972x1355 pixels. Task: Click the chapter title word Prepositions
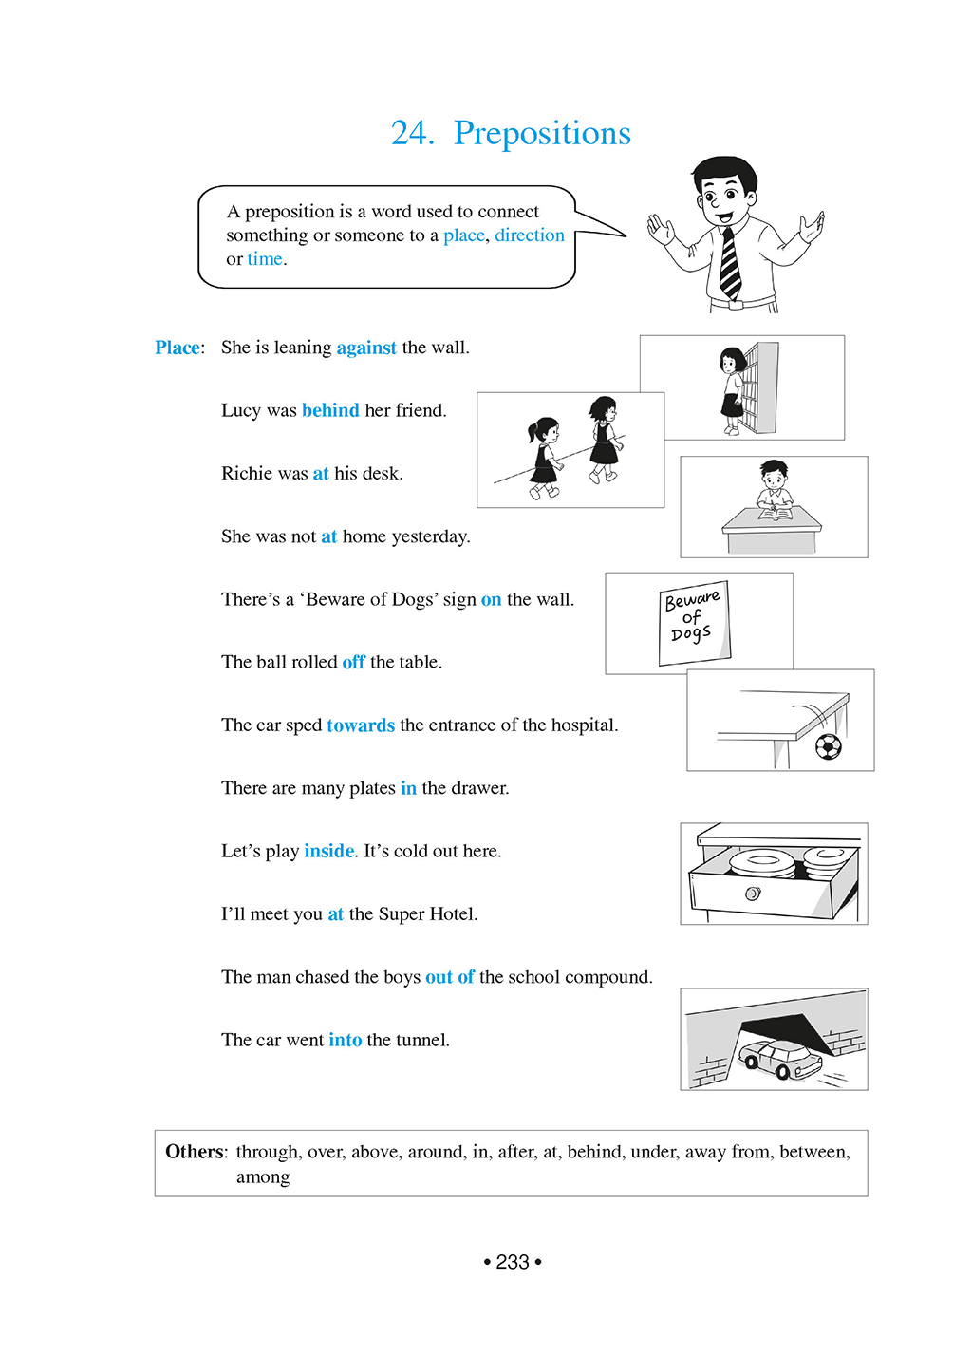click(x=542, y=133)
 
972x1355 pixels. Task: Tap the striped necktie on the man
click(x=729, y=262)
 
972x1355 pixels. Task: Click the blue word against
click(x=365, y=348)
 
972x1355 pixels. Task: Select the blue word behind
click(x=330, y=410)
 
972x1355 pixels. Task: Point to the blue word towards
click(x=361, y=725)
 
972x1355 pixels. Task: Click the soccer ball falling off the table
click(x=829, y=746)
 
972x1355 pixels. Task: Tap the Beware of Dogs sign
click(x=694, y=622)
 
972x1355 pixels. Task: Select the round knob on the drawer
click(x=753, y=894)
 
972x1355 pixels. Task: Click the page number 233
click(x=513, y=1262)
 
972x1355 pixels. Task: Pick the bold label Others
click(x=195, y=1152)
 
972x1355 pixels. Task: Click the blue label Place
click(x=178, y=348)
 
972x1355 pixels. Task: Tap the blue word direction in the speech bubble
click(x=530, y=235)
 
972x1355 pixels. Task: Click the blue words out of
click(x=450, y=977)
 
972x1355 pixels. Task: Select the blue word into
click(x=346, y=1040)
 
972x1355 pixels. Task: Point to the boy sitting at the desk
click(x=775, y=489)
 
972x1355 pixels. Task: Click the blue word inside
click(x=328, y=851)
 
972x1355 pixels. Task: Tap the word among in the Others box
click(x=263, y=1177)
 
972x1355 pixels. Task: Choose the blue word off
click(x=354, y=662)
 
